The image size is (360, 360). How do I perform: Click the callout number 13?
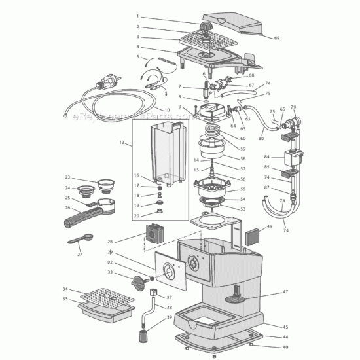point(121,142)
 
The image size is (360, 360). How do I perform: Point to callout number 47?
point(285,292)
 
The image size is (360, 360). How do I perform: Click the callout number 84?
point(266,157)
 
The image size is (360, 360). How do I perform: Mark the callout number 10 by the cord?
point(167,109)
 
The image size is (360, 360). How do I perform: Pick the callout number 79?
point(293,107)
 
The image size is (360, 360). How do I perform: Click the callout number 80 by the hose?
point(261,138)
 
